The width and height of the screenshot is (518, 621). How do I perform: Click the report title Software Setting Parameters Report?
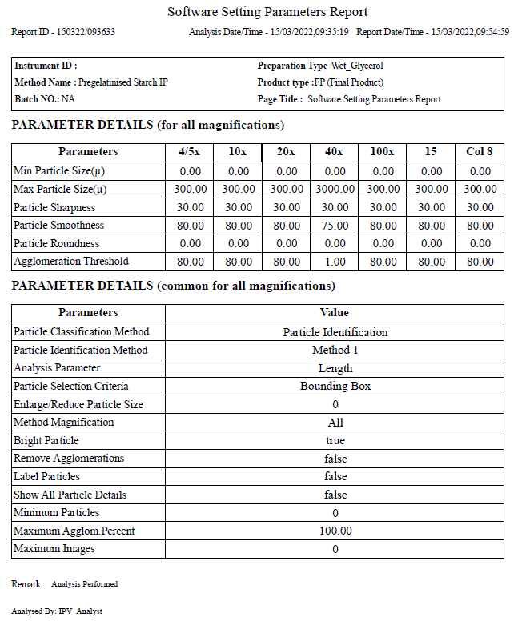point(267,12)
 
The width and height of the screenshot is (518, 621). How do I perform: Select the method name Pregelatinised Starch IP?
point(122,82)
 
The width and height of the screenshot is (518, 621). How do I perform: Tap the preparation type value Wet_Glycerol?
point(363,66)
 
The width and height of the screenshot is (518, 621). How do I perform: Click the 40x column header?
point(335,152)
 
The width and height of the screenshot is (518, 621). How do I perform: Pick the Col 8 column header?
point(480,152)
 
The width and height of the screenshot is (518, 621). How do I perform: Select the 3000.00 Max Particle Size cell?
point(335,189)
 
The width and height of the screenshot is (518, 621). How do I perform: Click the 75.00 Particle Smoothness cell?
point(335,226)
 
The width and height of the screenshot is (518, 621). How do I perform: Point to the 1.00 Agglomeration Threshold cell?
point(335,262)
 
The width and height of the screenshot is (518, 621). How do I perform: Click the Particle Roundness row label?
point(56,243)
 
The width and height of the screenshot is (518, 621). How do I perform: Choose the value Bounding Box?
point(335,386)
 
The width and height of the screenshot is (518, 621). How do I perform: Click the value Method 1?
point(335,350)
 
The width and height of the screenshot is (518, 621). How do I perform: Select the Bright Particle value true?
point(335,440)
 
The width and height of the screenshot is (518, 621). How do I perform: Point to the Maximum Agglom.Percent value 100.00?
point(335,531)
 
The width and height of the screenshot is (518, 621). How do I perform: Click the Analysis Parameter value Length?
point(335,368)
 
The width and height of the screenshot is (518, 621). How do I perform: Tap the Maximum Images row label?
point(54,549)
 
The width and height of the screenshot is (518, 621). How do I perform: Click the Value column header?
point(335,313)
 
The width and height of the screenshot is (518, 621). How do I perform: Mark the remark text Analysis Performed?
point(84,584)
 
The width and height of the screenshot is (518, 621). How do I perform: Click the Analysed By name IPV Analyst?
point(81,611)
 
